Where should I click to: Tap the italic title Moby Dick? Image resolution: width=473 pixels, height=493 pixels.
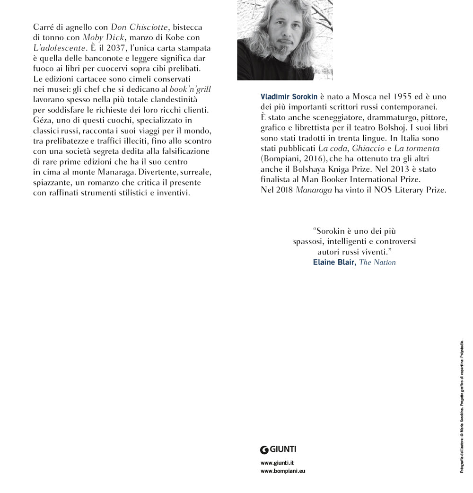tap(104, 37)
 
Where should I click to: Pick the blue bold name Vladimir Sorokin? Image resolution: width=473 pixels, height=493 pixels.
tap(289, 97)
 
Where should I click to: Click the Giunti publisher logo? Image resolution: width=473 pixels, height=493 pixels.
tap(279, 449)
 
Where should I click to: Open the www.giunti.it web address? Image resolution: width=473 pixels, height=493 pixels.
tap(277, 463)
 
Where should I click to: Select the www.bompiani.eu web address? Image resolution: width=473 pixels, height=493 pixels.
tap(283, 471)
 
